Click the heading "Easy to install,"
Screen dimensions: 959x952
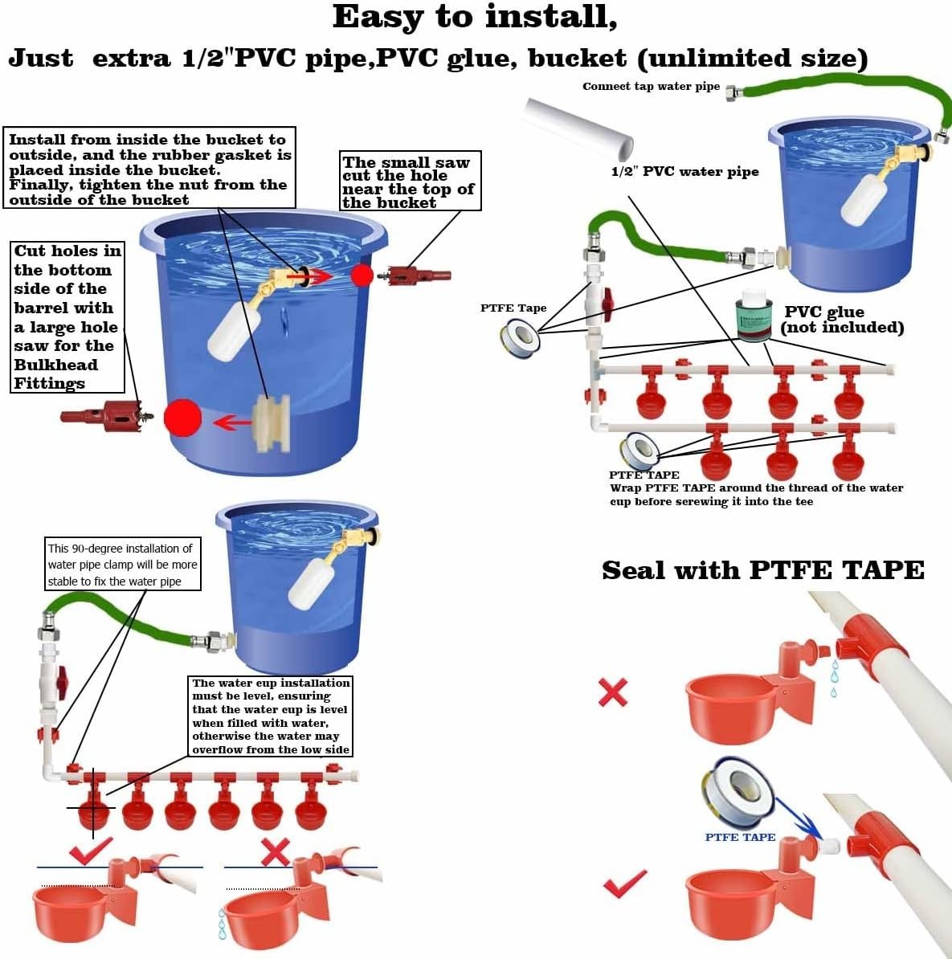(475, 17)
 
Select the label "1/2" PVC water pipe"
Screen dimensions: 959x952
(684, 171)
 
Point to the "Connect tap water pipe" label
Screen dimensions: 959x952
(651, 87)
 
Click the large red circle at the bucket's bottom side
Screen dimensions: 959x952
(182, 418)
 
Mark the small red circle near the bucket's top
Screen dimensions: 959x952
(362, 275)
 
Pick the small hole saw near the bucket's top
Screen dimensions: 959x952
(418, 275)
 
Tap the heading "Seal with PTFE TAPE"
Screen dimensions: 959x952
(762, 570)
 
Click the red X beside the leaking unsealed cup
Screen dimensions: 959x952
(613, 692)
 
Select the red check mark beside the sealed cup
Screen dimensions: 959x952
(624, 884)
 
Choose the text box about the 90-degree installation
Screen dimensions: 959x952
(122, 565)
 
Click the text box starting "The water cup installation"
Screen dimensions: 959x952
(271, 716)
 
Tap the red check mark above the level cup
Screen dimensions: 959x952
(90, 850)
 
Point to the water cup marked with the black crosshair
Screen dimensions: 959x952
(93, 810)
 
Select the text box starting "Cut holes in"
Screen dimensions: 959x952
(68, 316)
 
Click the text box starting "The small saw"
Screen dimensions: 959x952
(410, 182)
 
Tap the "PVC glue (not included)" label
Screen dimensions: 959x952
(841, 319)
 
